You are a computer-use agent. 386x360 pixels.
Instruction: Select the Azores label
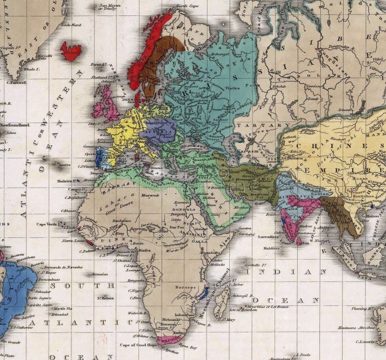click(64, 165)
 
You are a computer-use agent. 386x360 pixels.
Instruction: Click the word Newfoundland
click(15, 125)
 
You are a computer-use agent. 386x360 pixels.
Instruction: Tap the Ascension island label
click(99, 274)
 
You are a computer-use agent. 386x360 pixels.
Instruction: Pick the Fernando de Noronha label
click(61, 267)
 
